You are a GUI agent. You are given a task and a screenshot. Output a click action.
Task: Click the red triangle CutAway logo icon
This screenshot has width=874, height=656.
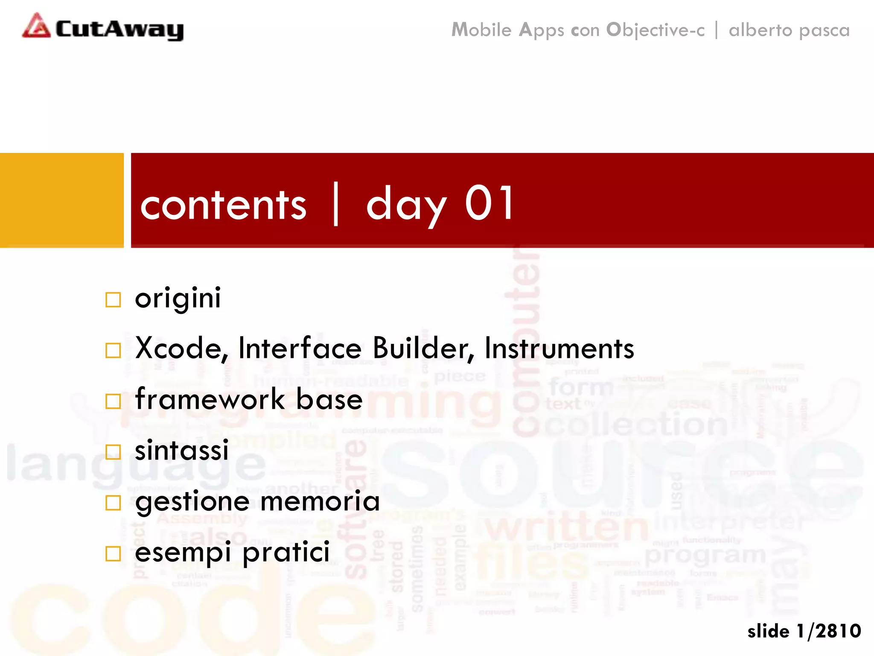pyautogui.click(x=37, y=26)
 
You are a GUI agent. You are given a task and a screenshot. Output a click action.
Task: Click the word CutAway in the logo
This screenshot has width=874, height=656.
pyautogui.click(x=119, y=29)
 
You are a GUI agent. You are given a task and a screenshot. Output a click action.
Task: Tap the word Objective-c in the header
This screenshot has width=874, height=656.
pyautogui.click(x=655, y=30)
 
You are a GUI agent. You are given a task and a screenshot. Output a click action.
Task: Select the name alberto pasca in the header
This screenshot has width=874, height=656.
pyautogui.click(x=789, y=30)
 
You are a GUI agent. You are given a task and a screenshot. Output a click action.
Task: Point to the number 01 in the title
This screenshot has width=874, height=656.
pyautogui.click(x=489, y=204)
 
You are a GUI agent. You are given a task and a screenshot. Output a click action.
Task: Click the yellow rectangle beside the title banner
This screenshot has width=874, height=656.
pyautogui.click(x=61, y=200)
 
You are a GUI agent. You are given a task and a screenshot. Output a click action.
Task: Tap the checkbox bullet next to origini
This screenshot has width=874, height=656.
pyautogui.click(x=113, y=300)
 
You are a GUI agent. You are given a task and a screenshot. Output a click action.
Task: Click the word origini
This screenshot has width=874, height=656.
pyautogui.click(x=178, y=298)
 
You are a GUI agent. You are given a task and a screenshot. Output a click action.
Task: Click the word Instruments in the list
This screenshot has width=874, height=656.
pyautogui.click(x=559, y=348)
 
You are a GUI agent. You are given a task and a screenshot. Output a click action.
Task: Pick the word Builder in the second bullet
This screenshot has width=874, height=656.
pyautogui.click(x=423, y=348)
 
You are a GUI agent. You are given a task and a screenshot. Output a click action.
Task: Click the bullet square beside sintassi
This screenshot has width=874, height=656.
pyautogui.click(x=113, y=452)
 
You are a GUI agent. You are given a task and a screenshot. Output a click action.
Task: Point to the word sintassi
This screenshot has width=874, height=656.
pyautogui.click(x=182, y=450)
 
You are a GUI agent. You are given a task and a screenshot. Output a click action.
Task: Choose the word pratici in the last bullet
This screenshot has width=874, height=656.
pyautogui.click(x=286, y=552)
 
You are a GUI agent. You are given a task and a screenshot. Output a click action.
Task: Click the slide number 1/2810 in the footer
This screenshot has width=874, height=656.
pyautogui.click(x=828, y=631)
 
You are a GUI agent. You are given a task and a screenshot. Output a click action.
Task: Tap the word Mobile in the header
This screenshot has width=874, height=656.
pyautogui.click(x=481, y=30)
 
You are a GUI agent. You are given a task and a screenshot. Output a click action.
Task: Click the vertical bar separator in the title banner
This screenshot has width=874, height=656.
pyautogui.click(x=336, y=204)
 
